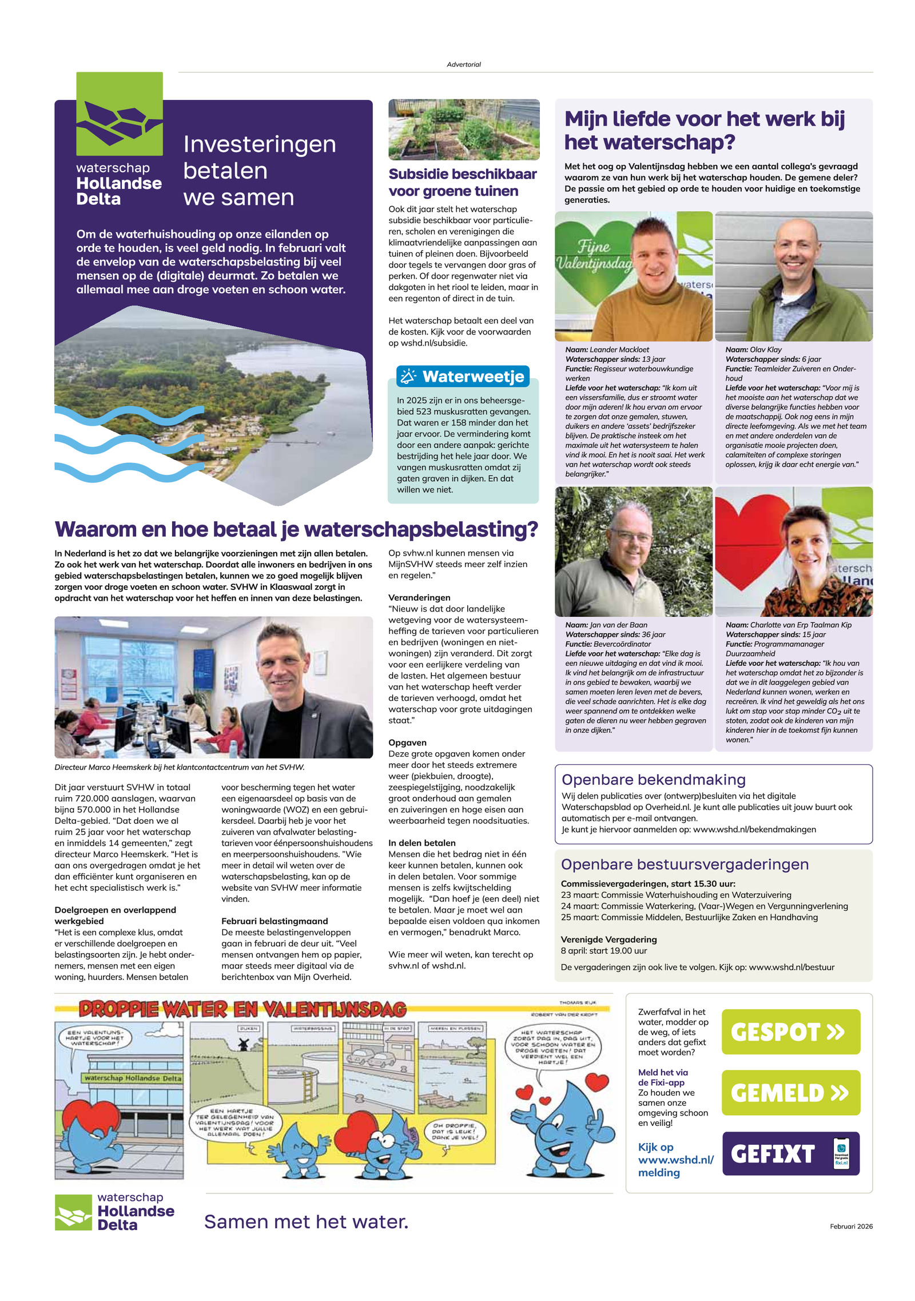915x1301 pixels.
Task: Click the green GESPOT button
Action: coord(790,1032)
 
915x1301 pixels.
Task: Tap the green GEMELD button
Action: coord(790,1092)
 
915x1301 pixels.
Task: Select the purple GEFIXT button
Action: coord(790,1153)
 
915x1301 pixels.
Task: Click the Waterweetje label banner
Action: coord(463,376)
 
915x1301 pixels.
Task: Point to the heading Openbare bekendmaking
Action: coord(653,779)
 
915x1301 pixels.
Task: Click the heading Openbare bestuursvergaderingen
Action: coord(685,864)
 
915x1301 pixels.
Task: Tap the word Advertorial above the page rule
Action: coord(463,65)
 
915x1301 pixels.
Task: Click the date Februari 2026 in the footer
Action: coord(851,1226)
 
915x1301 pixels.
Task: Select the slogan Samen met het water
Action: coord(306,1221)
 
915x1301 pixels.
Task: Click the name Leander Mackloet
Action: coord(619,350)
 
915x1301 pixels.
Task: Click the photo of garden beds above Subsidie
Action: coord(463,129)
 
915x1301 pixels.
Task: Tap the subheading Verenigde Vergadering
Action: coord(608,939)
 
